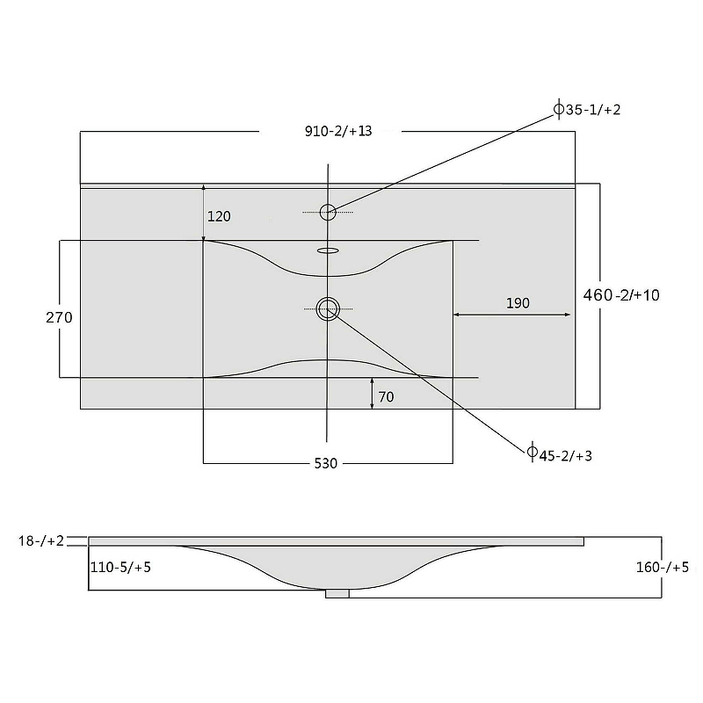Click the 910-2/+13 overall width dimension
click(338, 131)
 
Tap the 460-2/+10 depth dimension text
click(621, 295)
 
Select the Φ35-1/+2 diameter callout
click(587, 109)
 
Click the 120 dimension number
click(219, 216)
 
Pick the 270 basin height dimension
click(59, 317)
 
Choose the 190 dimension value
click(518, 303)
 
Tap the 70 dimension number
click(386, 397)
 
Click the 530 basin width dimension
click(325, 463)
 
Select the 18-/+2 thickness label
click(41, 540)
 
